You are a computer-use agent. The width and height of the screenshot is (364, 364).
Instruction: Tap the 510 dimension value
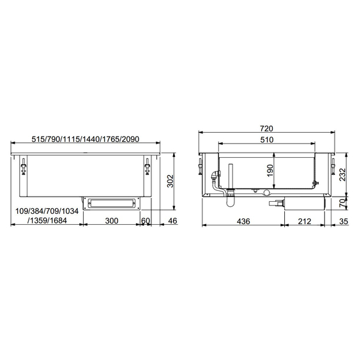[267, 140]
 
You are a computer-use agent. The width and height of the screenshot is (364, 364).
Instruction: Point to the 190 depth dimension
[270, 171]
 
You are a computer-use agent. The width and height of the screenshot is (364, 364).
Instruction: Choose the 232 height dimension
[342, 174]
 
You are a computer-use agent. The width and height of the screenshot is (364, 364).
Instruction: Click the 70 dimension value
[342, 203]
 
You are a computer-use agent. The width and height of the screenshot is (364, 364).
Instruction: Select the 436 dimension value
[243, 221]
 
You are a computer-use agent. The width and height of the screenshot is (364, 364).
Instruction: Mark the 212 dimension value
[304, 221]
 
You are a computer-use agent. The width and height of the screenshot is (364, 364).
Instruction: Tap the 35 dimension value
[343, 221]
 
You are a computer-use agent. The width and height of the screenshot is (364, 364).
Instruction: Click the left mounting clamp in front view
[24, 167]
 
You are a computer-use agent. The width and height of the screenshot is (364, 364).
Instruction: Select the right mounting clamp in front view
[148, 167]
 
